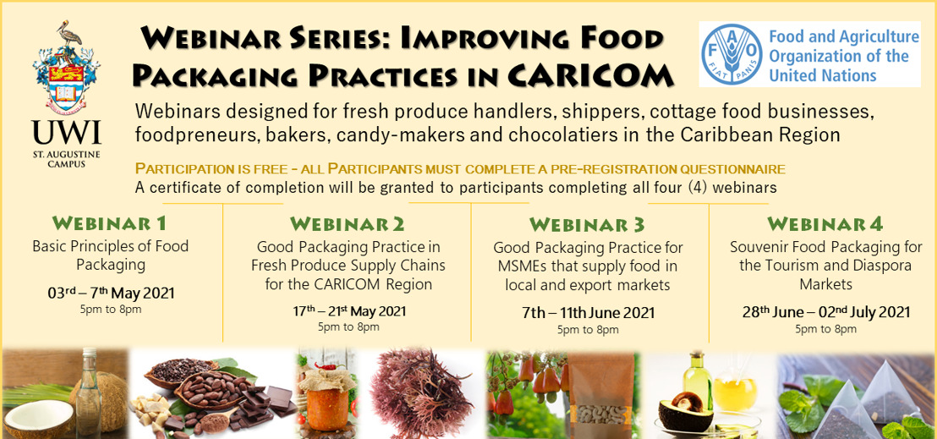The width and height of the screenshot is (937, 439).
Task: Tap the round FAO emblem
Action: click(732, 53)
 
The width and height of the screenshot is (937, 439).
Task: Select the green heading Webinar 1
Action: click(109, 223)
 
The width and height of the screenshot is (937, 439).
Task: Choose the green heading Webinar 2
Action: click(348, 224)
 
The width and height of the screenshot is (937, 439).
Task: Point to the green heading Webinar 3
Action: click(588, 225)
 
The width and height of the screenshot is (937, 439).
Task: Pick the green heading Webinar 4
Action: click(825, 224)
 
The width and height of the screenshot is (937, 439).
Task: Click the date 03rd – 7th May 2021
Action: click(111, 294)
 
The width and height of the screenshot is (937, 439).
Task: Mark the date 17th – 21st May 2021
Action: click(348, 311)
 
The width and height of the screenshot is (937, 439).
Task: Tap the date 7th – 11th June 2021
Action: click(588, 313)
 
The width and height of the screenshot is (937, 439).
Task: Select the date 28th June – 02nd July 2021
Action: click(826, 312)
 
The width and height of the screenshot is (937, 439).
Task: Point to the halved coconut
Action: click(38, 418)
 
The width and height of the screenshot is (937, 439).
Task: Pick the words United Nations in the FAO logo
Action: click(822, 75)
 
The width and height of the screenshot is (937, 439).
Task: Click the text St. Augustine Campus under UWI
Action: click(67, 158)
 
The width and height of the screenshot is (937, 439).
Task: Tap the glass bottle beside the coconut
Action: click(88, 391)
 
